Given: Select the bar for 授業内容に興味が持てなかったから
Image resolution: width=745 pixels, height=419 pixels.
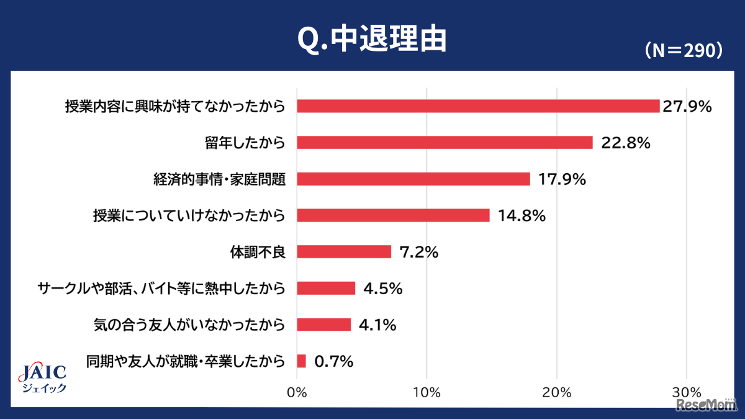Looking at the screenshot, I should (x=478, y=106).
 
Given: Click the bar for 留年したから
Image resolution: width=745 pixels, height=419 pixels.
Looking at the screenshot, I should (x=445, y=143).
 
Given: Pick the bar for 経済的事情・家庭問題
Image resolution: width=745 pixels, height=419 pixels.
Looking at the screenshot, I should (x=413, y=179).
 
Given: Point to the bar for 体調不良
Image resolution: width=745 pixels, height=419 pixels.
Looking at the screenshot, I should (x=344, y=251).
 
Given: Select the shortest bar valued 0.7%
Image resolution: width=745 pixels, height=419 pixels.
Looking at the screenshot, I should (x=302, y=361).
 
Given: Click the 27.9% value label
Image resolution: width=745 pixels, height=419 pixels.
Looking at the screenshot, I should (x=686, y=106).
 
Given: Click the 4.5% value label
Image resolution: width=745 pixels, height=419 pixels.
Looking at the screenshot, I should (x=382, y=288).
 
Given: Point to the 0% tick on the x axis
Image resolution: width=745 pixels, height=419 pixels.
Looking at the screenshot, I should (x=297, y=392).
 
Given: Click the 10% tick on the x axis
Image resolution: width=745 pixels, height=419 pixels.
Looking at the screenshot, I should (x=427, y=392).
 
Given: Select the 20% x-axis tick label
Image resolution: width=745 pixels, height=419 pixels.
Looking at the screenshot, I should (x=556, y=392).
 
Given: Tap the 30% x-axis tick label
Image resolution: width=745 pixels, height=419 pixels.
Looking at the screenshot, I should (x=686, y=392).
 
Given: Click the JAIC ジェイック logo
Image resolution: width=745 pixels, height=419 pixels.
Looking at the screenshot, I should (x=43, y=377).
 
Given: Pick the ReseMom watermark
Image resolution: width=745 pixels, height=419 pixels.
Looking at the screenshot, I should (x=707, y=405).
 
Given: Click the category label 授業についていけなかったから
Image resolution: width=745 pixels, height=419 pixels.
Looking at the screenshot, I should (x=189, y=215).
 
